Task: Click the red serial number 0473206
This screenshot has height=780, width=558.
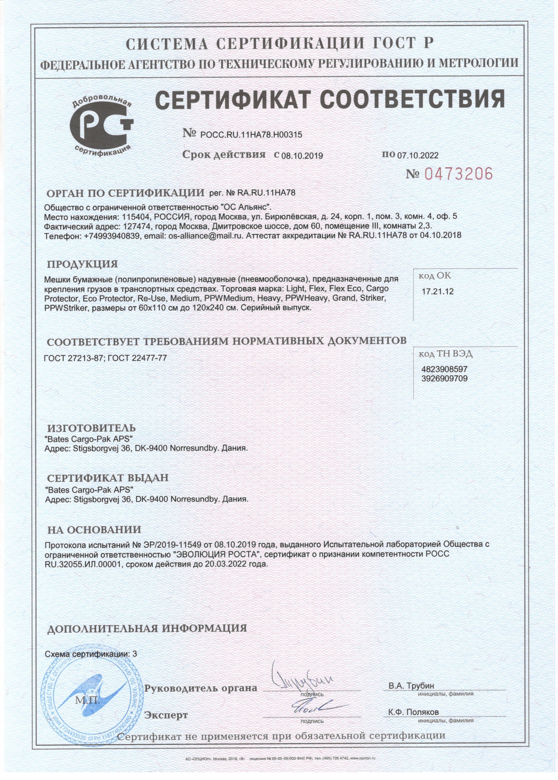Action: coord(458,174)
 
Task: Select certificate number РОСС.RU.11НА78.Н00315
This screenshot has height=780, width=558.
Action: coord(251,135)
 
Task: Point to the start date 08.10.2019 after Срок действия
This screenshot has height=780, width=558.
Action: coord(302,156)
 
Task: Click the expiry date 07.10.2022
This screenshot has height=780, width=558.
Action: coord(418,155)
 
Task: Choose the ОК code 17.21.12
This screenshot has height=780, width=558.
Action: coord(437,292)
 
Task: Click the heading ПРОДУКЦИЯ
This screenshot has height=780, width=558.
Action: coord(82,264)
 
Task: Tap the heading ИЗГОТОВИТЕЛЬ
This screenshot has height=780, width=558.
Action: coord(91,428)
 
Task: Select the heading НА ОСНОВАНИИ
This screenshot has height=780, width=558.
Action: coord(94,530)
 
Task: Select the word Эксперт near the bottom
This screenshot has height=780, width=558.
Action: coord(166,715)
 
